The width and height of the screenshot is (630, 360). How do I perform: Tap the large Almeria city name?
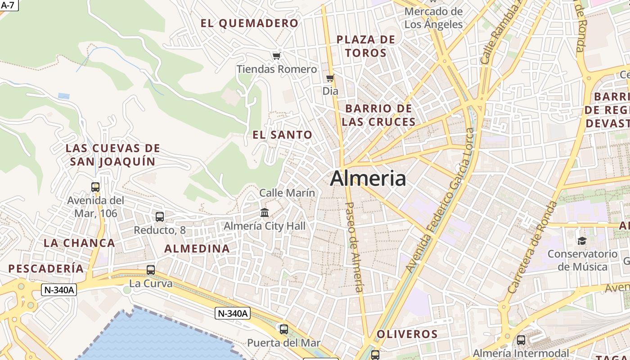pyautogui.click(x=368, y=179)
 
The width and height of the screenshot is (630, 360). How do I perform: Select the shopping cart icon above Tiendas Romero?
pyautogui.click(x=276, y=56)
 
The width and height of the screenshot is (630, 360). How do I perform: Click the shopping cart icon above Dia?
pyautogui.click(x=330, y=78)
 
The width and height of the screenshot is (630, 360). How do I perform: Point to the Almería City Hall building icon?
pyautogui.click(x=265, y=212)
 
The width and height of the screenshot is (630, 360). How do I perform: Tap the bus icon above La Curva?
pyautogui.click(x=151, y=270)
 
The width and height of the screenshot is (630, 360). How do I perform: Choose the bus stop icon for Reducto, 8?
pyautogui.click(x=160, y=217)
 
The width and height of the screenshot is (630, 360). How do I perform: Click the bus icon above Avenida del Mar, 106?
pyautogui.click(x=95, y=187)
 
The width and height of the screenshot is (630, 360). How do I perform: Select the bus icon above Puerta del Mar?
pyautogui.click(x=283, y=329)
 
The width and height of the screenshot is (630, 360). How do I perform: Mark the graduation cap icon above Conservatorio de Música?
pyautogui.click(x=582, y=241)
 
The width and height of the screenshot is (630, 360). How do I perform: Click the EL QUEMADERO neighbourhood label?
pyautogui.click(x=249, y=23)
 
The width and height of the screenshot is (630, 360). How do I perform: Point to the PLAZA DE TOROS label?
pyautogui.click(x=366, y=46)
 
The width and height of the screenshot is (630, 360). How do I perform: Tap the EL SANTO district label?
pyautogui.click(x=282, y=135)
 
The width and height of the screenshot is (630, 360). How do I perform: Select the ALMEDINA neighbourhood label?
pyautogui.click(x=197, y=248)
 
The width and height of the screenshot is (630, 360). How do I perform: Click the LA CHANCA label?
pyautogui.click(x=79, y=243)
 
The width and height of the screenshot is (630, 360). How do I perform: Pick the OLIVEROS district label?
pyautogui.click(x=407, y=334)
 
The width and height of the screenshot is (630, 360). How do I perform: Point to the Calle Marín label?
pyautogui.click(x=287, y=193)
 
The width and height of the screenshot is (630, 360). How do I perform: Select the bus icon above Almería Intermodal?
pyautogui.click(x=521, y=340)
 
